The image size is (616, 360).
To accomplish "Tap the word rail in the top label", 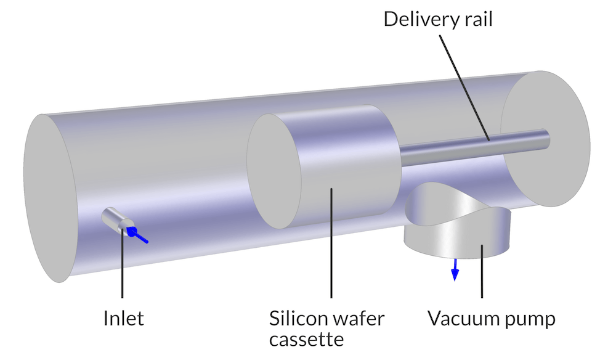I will tap(476, 18).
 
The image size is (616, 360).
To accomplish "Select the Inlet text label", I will tap(123, 319).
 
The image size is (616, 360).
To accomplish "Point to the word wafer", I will tap(357, 319).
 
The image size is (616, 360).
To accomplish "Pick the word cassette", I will tap(306, 339).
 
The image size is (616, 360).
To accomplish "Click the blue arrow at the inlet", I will tap(139, 235).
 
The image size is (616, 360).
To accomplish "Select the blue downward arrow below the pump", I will tap(455, 269).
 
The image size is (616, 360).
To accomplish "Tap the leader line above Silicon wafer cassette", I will tap(332, 247).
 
